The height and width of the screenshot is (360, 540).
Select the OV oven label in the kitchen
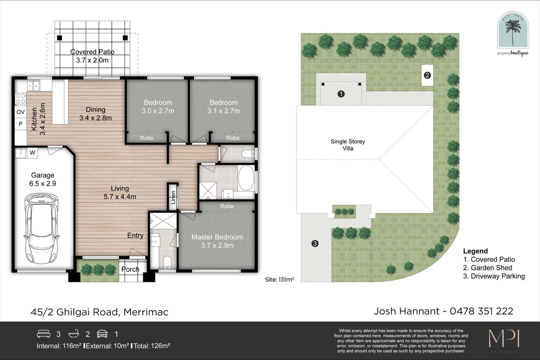[21, 112]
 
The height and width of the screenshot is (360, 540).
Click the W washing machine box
[32, 153]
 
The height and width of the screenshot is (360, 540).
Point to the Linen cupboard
[172, 197]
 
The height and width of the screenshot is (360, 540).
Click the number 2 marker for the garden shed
[427, 75]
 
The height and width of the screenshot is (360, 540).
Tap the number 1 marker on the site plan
[341, 94]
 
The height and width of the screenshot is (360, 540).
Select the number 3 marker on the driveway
[315, 243]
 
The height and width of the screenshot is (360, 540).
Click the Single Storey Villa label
[348, 145]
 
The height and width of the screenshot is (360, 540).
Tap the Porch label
[130, 269]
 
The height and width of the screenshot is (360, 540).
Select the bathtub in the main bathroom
[246, 178]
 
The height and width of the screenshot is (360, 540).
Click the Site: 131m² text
[279, 279]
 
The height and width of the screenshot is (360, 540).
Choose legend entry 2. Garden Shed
[487, 267]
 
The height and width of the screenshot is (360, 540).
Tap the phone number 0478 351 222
[481, 311]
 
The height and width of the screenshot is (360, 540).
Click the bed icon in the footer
[44, 334]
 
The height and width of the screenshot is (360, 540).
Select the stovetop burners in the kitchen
[21, 99]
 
